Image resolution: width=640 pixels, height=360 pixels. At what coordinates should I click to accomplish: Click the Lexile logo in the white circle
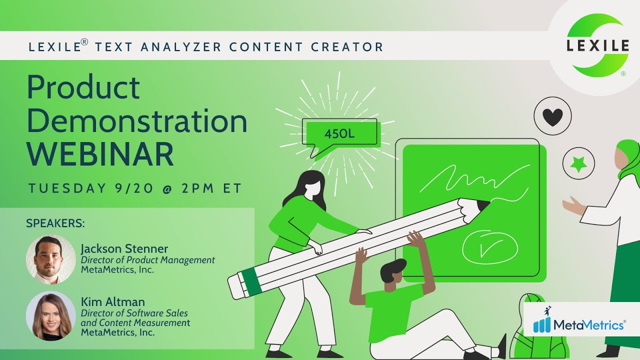[x=597, y=46]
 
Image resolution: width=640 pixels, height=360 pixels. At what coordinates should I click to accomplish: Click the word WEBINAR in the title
[x=100, y=154]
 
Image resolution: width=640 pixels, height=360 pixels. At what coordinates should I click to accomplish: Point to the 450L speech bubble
[x=340, y=133]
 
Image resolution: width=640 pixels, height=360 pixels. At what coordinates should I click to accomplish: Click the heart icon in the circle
[x=552, y=117]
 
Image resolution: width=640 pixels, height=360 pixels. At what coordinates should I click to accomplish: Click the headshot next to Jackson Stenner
[x=50, y=260]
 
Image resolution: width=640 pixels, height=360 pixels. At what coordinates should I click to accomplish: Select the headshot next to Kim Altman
[x=50, y=316]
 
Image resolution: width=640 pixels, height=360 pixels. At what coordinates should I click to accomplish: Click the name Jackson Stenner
[x=124, y=249]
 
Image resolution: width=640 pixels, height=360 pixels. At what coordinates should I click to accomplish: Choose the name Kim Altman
[x=112, y=302]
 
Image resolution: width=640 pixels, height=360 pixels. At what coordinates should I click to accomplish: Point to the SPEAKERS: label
[x=55, y=223]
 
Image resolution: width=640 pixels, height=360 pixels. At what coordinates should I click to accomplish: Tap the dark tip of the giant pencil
[x=482, y=205]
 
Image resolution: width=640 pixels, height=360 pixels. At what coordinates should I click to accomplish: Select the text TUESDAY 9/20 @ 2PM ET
[x=135, y=188]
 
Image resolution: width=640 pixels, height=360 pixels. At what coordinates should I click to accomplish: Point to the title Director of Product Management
[x=147, y=260]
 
